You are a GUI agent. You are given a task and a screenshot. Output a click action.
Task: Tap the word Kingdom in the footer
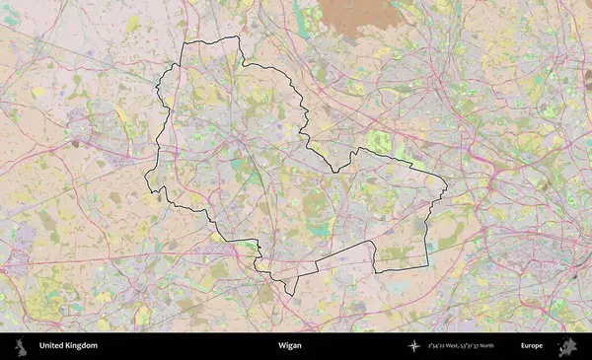83,346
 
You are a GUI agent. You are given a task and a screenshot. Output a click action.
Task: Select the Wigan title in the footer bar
289,346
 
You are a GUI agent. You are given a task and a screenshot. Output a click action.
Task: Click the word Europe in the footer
532,346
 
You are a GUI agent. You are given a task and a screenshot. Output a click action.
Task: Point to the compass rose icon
415,346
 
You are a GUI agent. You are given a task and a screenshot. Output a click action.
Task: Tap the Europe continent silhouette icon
567,346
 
